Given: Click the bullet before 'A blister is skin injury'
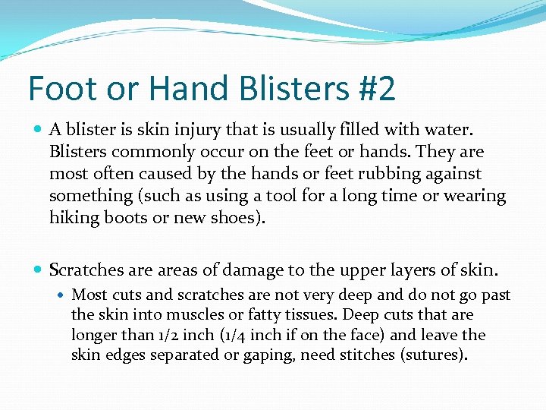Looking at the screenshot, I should pos(38,130).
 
